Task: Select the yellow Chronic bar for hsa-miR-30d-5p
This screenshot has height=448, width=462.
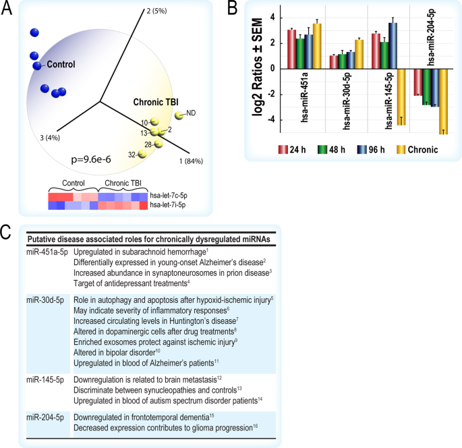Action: tap(358, 54)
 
